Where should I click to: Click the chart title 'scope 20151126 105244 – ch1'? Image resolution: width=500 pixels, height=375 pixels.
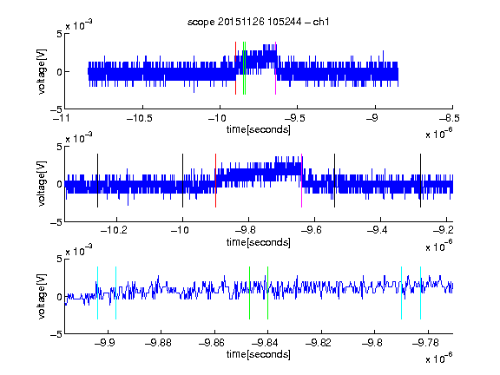tap(259, 22)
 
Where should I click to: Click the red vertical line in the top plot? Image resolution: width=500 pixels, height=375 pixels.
tap(235, 68)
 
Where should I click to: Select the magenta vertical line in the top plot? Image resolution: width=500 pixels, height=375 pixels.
tap(275, 68)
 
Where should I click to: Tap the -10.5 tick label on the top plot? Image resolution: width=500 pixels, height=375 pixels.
tap(140, 119)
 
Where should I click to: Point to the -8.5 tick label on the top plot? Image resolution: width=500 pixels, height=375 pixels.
tap(450, 119)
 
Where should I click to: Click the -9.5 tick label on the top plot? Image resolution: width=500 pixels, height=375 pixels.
tap(294, 119)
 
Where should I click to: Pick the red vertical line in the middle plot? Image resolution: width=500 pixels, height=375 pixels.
tap(215, 181)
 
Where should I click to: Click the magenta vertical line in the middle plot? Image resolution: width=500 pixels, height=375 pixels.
tap(302, 181)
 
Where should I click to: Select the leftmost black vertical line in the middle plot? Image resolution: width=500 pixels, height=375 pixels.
tap(97, 181)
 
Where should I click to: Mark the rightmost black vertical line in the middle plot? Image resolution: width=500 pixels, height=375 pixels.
tap(420, 181)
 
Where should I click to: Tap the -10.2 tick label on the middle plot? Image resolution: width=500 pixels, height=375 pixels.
tap(114, 230)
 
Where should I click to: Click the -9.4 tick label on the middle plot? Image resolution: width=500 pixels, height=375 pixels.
tap(378, 230)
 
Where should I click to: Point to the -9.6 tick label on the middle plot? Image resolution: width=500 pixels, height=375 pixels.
tap(312, 230)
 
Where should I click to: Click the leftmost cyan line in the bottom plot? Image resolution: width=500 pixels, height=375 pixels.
tap(97, 293)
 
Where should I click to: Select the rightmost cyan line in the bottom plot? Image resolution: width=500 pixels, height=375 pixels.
tap(420, 293)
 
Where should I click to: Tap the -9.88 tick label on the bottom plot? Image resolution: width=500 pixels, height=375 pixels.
tap(158, 343)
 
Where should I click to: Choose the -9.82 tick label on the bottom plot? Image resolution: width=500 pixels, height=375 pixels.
tap(319, 343)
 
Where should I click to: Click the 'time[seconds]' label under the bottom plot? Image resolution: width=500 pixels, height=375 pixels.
tap(259, 354)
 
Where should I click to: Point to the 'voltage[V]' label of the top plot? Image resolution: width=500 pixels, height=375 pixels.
tap(42, 72)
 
